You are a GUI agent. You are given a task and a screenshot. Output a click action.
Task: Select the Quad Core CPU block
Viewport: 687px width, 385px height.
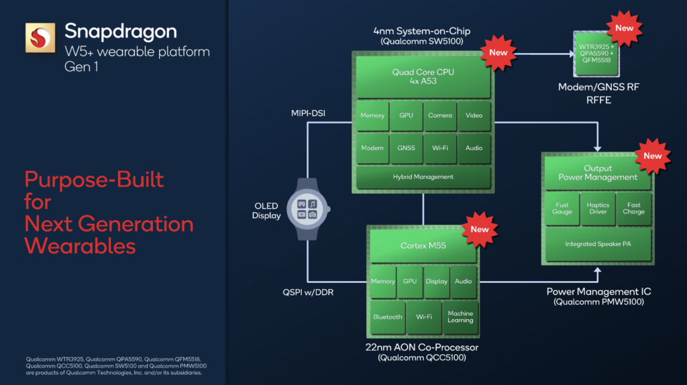click(423, 77)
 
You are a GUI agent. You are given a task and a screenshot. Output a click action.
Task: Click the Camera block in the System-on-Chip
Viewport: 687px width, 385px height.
click(440, 115)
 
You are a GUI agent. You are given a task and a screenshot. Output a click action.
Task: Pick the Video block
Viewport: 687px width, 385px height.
click(474, 115)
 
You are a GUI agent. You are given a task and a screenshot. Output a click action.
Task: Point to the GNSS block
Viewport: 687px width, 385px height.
click(407, 148)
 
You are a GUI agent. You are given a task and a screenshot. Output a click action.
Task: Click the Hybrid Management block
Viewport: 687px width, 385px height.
click(423, 177)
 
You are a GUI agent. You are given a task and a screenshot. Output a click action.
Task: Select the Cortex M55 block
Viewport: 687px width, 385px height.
click(423, 245)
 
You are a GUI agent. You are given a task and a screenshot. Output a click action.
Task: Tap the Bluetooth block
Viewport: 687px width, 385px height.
click(388, 317)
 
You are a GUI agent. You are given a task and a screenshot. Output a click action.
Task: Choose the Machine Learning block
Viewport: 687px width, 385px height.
click(460, 317)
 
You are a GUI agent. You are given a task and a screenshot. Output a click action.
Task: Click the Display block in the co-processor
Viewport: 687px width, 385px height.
click(436, 282)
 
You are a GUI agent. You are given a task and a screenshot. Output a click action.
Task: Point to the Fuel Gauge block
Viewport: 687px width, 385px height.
click(562, 209)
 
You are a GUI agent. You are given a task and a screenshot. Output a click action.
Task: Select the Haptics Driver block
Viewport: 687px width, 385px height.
click(598, 209)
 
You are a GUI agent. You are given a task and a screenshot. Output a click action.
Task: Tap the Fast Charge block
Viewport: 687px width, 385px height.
click(634, 209)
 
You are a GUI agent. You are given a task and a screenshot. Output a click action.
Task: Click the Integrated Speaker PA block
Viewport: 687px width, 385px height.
click(598, 244)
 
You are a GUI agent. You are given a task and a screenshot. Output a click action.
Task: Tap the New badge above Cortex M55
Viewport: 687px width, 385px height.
click(480, 229)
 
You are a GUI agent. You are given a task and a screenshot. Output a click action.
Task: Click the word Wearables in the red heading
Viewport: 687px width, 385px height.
click(80, 245)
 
